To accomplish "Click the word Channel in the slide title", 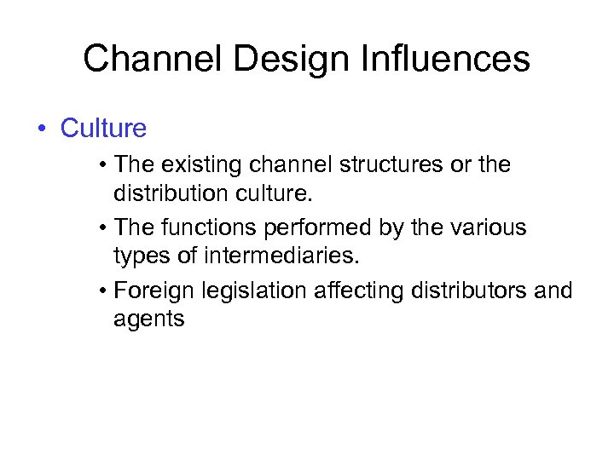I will pos(146,59).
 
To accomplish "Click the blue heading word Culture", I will pos(103,129).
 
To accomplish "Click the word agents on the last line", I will pos(148,319).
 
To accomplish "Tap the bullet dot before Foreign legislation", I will pos(102,292).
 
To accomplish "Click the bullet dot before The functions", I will pos(102,228).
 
